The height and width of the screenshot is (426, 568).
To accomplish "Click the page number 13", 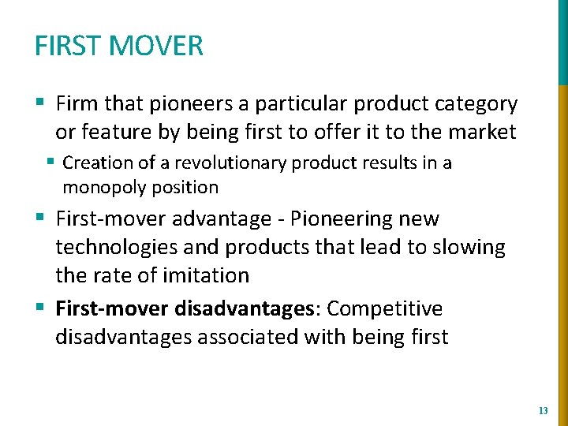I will pyautogui.click(x=542, y=410).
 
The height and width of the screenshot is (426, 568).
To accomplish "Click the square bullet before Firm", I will pyautogui.click(x=40, y=103).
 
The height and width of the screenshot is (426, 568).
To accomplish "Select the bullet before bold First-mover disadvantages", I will pyautogui.click(x=40, y=308).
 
